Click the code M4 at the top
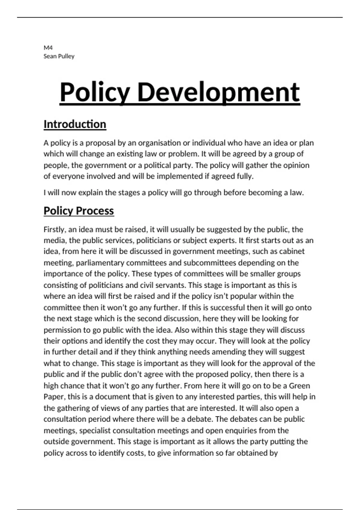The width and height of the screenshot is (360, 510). [48, 48]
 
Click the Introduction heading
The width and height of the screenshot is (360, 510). [75, 124]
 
